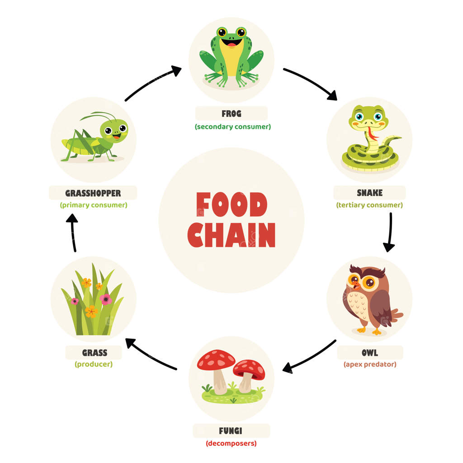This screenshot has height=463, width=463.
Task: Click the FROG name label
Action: (231, 114)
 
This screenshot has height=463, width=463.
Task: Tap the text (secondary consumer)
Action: (233, 127)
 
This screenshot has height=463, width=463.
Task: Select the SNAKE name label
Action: (369, 193)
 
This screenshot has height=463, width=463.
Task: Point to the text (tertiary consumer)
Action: (369, 205)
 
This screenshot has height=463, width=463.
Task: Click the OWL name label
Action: (369, 353)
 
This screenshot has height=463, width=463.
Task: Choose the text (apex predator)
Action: (369, 364)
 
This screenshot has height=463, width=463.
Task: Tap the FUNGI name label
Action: (231, 431)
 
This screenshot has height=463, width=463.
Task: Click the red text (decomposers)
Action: (231, 443)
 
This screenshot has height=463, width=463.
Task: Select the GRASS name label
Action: (94, 353)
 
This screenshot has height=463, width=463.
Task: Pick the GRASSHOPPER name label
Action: (93, 193)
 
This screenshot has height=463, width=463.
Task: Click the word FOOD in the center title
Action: (231, 205)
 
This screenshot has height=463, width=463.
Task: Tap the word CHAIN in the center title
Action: (231, 235)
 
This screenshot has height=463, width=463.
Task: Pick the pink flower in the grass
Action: (106, 299)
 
